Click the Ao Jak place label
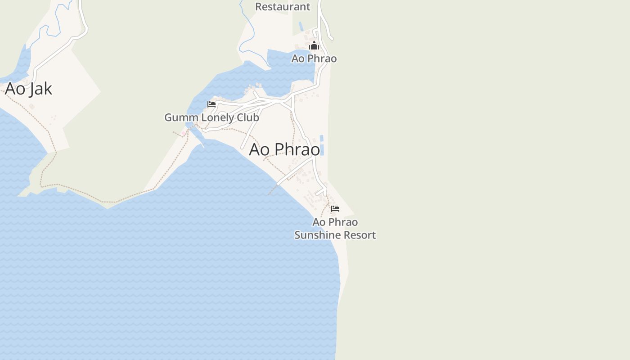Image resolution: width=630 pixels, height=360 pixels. pos(28,89)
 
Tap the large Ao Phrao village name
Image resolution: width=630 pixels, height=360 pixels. pos(284,149)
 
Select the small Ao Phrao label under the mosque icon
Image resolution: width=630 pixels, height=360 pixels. pos(314,58)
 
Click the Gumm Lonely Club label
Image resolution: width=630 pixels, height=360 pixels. pos(211,117)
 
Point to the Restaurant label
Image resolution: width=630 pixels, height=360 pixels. pos(283,7)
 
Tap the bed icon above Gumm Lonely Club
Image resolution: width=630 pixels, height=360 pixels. pos(211,104)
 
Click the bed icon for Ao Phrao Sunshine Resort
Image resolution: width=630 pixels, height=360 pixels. pos(335,209)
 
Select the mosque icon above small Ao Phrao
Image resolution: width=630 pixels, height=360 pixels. pos(314,46)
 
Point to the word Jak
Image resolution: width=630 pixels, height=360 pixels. pos(40,89)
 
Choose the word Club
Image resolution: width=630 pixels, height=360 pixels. pos(248,117)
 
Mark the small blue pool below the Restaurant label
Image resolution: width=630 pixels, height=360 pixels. pos(301,26)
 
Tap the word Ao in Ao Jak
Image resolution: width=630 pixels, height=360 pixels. pos(15,89)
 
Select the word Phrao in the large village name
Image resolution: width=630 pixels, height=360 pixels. pos(297,149)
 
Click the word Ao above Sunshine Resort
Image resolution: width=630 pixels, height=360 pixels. pos(319,222)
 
